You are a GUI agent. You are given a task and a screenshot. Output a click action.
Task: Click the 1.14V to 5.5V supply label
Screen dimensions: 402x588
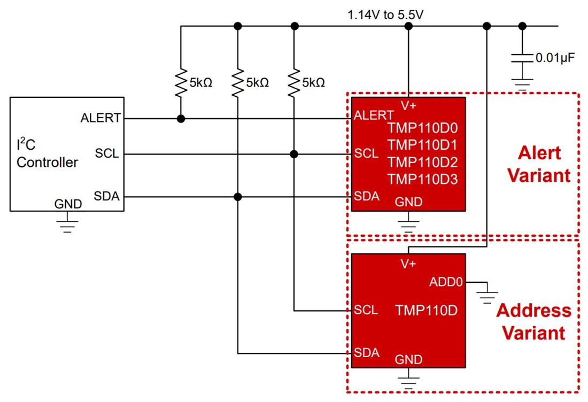[385, 15]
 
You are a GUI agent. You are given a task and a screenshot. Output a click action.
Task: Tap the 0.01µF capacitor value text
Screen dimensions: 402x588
[555, 58]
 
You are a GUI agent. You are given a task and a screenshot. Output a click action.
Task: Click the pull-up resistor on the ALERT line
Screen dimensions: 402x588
[181, 82]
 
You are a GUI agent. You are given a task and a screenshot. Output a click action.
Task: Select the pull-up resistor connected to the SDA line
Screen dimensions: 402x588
[238, 82]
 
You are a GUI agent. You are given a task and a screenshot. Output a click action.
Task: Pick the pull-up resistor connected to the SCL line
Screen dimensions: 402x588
[293, 82]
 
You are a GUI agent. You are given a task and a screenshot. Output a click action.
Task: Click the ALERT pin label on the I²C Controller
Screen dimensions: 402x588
[100, 118]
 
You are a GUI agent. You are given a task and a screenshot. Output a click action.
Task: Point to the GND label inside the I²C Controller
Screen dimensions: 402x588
[68, 204]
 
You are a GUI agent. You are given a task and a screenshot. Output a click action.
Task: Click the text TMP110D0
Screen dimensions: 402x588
[423, 128]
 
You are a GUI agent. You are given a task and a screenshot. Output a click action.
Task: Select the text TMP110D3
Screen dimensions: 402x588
[423, 179]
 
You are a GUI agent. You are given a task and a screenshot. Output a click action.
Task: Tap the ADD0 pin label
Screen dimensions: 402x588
[446, 282]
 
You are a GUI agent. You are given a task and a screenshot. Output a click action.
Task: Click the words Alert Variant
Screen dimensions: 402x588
[539, 164]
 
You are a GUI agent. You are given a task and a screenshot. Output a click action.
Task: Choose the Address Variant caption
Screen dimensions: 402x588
[533, 321]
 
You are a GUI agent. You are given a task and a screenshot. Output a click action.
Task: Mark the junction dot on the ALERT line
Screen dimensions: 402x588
[181, 119]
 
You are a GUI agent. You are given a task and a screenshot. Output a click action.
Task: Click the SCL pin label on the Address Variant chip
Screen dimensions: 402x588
[366, 310]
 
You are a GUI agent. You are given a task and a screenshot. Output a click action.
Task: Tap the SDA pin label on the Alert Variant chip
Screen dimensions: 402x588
[367, 196]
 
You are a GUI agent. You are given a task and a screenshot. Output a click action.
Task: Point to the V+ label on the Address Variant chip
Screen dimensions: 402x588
[408, 264]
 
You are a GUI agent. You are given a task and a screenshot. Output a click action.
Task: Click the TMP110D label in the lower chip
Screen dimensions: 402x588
[426, 310]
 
